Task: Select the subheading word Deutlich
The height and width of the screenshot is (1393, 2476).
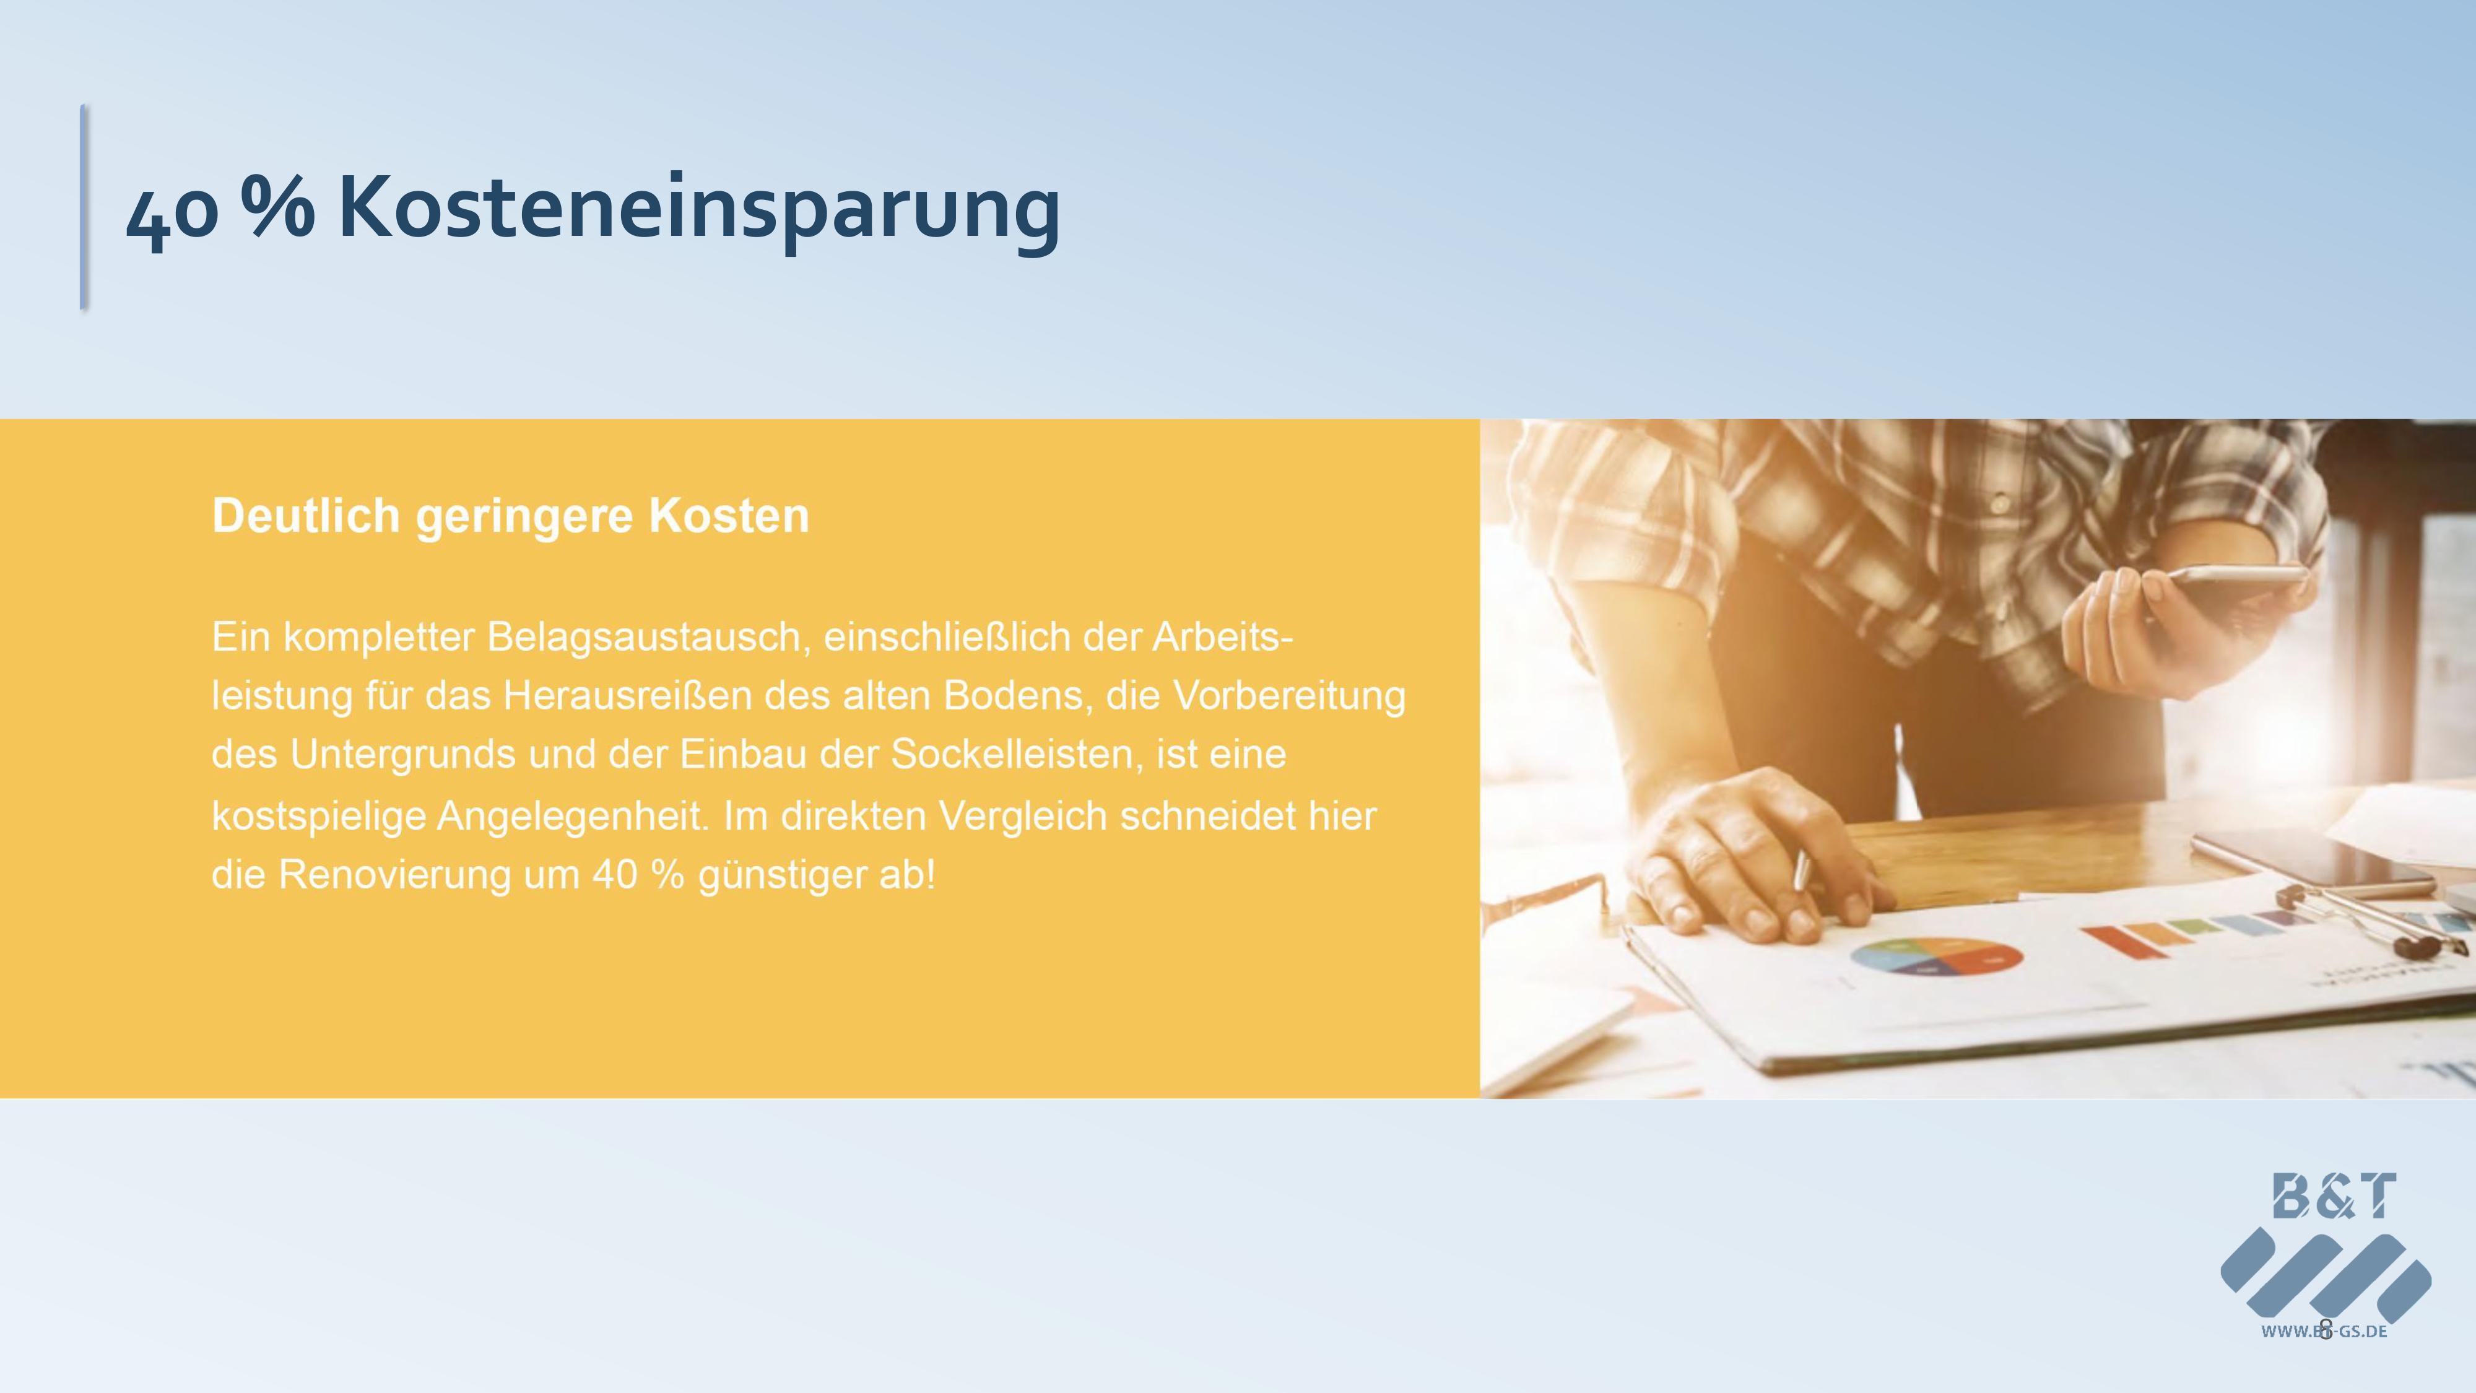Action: click(306, 516)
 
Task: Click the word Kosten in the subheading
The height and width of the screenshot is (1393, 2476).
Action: click(729, 516)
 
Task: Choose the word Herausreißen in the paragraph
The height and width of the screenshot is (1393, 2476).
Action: click(627, 695)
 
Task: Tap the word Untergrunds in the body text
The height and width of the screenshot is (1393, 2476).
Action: click(402, 755)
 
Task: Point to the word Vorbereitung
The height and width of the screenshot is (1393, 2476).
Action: click(1289, 695)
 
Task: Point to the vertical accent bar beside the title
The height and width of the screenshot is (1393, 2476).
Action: click(84, 207)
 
